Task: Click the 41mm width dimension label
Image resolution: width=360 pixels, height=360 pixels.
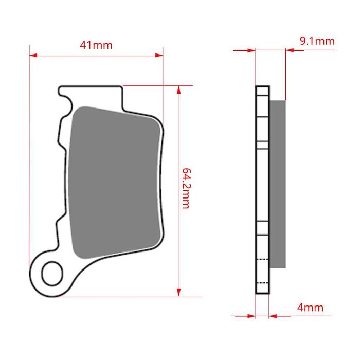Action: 96,45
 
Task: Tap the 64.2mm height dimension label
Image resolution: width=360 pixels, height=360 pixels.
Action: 186,188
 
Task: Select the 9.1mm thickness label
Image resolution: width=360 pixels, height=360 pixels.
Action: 317,41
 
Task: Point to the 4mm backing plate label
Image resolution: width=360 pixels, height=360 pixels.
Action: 310,307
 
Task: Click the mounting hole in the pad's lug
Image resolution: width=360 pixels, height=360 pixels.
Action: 52,274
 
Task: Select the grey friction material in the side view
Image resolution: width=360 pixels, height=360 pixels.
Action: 278,184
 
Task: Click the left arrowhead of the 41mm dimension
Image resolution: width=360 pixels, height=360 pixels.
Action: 33,55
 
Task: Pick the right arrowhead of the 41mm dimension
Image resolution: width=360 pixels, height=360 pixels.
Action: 159,55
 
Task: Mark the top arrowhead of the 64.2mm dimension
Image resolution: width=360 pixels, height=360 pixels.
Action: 179,90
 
